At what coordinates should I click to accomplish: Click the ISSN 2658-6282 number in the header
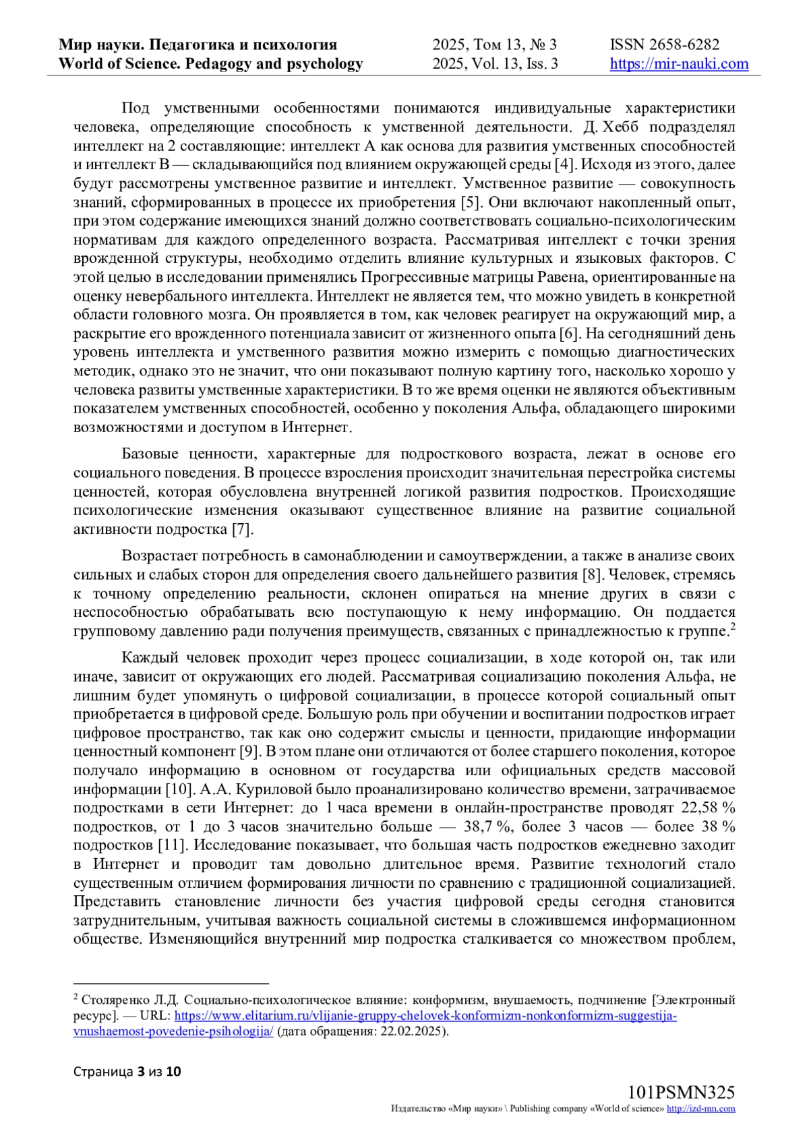665,45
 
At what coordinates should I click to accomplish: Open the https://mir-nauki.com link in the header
679,64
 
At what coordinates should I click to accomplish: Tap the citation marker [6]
570,334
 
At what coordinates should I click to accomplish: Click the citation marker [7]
242,529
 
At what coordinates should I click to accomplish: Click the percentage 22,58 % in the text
708,808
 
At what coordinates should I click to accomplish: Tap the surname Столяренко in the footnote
108,1000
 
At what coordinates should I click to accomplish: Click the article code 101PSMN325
681,1093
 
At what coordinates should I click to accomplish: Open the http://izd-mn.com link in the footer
701,1109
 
